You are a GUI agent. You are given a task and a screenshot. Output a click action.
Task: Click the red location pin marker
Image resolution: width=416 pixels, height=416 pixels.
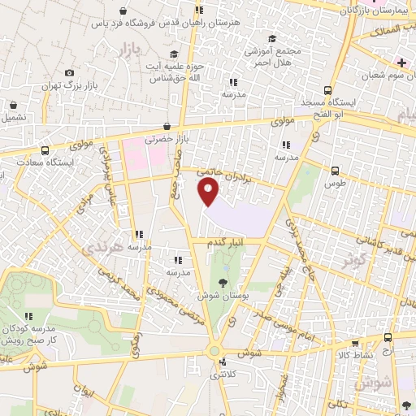[x=209, y=193]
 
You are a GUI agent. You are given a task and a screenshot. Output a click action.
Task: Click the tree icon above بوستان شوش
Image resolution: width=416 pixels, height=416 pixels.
[x=223, y=283]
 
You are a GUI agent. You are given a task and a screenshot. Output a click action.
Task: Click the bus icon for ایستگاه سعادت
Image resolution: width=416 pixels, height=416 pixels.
[x=44, y=150]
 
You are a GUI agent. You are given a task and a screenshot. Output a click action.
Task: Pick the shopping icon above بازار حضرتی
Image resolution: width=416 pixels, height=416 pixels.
[x=167, y=126]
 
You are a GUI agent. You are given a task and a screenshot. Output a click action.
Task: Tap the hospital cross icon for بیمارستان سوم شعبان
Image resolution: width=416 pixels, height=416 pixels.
[x=401, y=63]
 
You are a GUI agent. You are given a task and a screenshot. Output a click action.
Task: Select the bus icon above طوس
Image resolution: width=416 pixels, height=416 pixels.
[x=336, y=171]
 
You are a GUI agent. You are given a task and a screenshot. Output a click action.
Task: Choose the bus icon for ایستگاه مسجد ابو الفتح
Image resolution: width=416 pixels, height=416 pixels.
[x=327, y=91]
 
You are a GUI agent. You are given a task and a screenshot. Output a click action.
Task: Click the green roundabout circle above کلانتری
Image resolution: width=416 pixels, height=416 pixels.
[x=214, y=350]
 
